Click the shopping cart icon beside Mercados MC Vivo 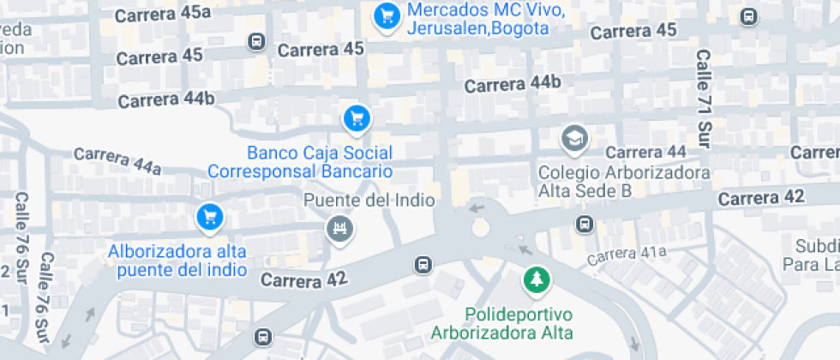tap(387, 15)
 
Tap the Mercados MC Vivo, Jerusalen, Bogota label tap(478, 19)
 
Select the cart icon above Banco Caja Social tap(357, 118)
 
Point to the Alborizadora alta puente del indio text tap(177, 261)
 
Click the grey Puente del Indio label tap(370, 200)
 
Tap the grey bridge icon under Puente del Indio tap(339, 228)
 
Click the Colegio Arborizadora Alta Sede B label tap(624, 181)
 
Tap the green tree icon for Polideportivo tap(537, 279)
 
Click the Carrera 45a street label tap(162, 14)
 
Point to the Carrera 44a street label tap(117, 159)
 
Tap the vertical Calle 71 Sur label tap(704, 99)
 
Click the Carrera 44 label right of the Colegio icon tap(646, 152)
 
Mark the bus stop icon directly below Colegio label tap(585, 225)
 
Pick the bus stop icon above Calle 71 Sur tap(749, 15)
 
